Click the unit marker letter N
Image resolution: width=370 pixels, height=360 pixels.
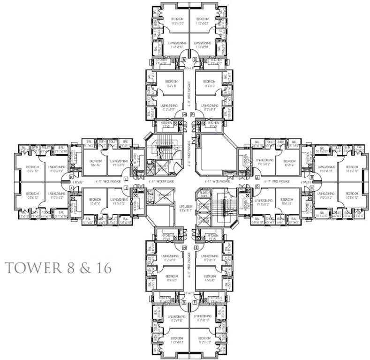(184, 60)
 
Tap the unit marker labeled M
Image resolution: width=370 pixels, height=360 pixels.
(184, 114)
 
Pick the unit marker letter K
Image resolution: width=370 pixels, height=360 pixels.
(71, 178)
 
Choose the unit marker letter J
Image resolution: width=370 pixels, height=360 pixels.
(71, 188)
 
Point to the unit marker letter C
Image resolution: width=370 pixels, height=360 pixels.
(312, 188)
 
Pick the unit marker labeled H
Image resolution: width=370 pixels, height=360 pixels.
(184, 247)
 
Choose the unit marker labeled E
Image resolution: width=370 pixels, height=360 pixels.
(196, 247)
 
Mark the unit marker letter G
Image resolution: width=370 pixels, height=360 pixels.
(184, 302)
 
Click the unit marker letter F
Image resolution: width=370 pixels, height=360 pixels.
(195, 302)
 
